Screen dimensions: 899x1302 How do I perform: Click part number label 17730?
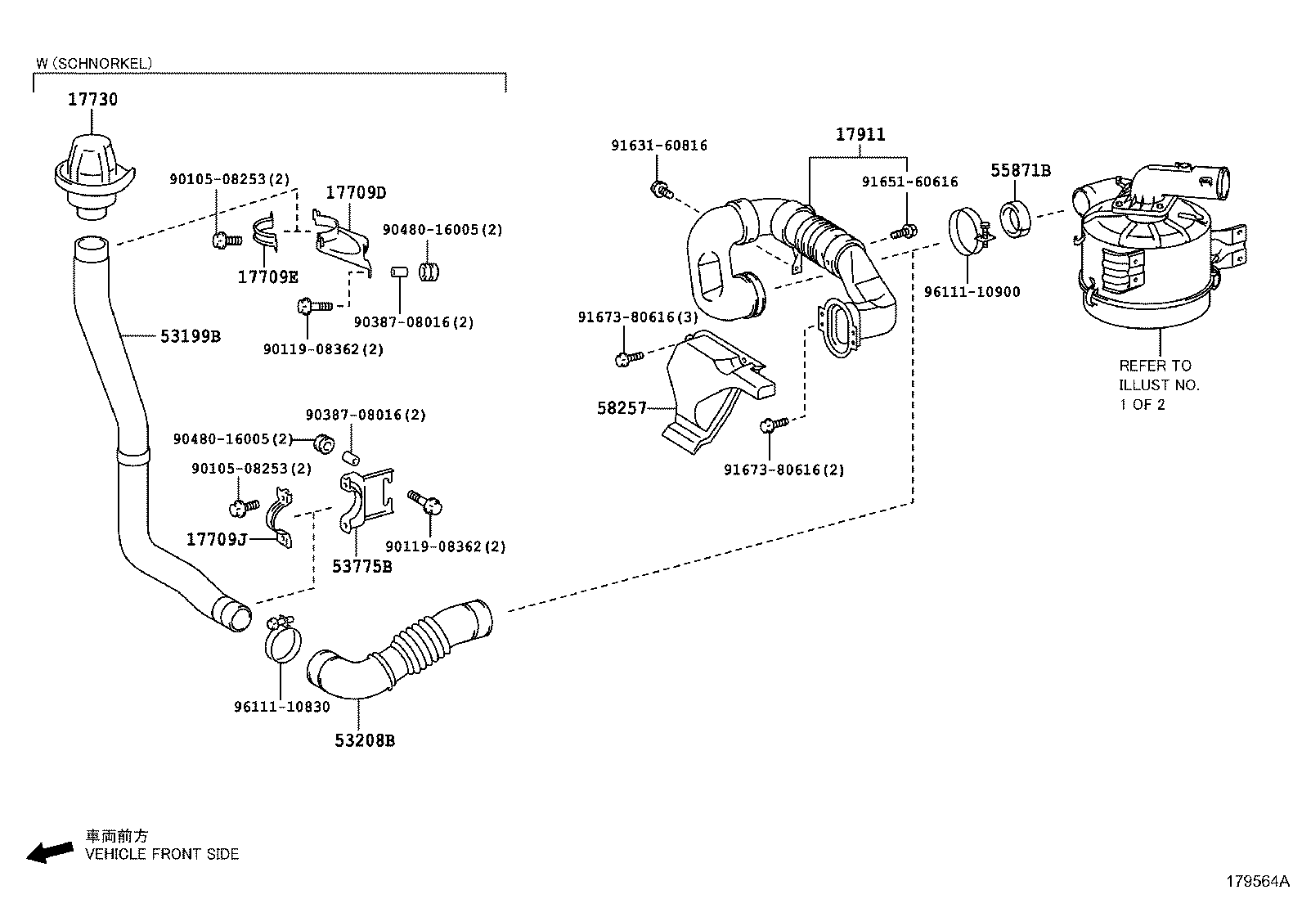[92, 100]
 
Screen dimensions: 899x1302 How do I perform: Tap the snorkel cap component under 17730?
[91, 176]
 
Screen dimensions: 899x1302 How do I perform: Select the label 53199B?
[190, 336]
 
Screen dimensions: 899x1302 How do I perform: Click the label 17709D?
[355, 193]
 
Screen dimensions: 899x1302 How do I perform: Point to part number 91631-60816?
[659, 146]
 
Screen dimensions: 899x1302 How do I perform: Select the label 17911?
[860, 134]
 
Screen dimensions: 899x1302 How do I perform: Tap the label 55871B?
[1021, 170]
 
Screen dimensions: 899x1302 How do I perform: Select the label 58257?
[622, 407]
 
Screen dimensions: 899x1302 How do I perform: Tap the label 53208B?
[365, 740]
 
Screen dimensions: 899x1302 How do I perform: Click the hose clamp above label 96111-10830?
[283, 639]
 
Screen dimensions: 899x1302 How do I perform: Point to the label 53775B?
[361, 566]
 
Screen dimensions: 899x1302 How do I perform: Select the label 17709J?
[217, 539]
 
